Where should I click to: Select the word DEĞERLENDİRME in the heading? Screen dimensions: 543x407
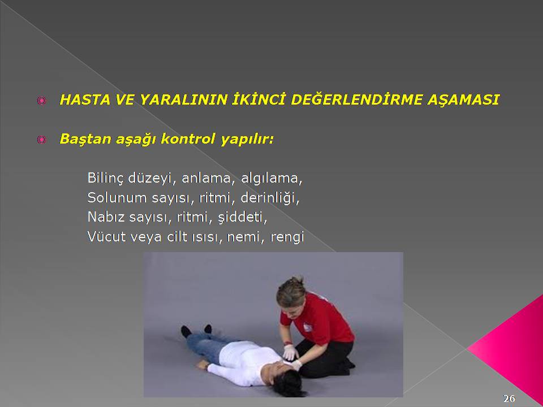[356, 99]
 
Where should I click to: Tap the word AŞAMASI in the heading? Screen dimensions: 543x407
[463, 100]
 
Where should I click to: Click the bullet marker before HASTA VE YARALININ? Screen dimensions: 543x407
[41, 101]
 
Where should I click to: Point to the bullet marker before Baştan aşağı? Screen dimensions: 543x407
[41, 140]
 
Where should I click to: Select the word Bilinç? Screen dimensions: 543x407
[105, 178]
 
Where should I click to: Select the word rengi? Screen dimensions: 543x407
[287, 237]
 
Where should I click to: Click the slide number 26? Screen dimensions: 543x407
[509, 399]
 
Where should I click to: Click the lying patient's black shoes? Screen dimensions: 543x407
[196, 331]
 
